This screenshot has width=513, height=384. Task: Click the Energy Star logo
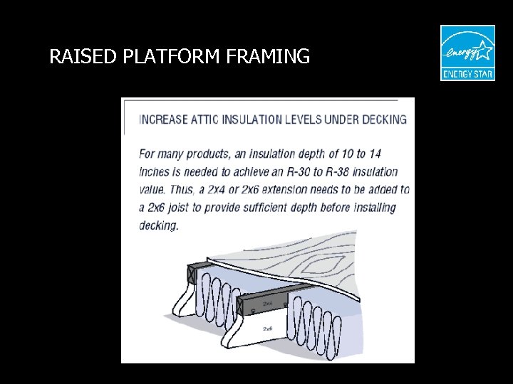click(x=467, y=53)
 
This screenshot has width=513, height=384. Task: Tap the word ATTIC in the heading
click(x=204, y=119)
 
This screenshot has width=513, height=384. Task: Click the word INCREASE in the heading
click(x=163, y=119)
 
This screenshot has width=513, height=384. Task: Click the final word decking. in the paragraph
click(x=158, y=225)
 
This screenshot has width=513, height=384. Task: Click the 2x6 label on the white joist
click(x=268, y=329)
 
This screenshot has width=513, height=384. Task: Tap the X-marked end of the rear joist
click(x=191, y=274)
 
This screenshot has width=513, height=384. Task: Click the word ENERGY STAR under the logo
click(x=467, y=73)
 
